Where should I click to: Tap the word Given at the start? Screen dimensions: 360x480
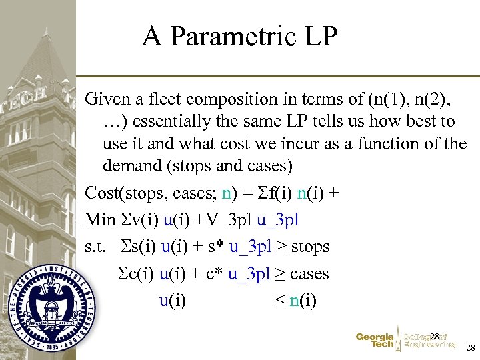click(106, 99)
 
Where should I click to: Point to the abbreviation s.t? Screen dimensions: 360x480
click(95, 247)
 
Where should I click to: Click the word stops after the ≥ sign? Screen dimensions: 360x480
click(311, 247)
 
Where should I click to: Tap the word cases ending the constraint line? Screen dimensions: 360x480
click(310, 273)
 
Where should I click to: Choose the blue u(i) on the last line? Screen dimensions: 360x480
click(173, 301)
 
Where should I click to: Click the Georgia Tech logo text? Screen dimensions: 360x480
click(375, 341)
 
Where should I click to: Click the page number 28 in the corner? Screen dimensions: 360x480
click(470, 348)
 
